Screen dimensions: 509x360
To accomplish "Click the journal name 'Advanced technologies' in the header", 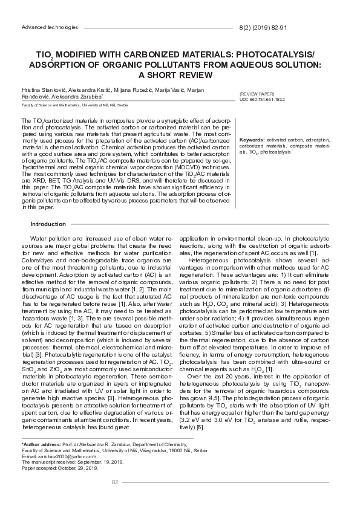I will point(50,28).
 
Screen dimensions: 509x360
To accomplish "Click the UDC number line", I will point(261,100).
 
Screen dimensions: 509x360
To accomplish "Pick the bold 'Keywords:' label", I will point(252,140).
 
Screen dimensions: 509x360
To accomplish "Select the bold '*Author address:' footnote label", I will point(41,444).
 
